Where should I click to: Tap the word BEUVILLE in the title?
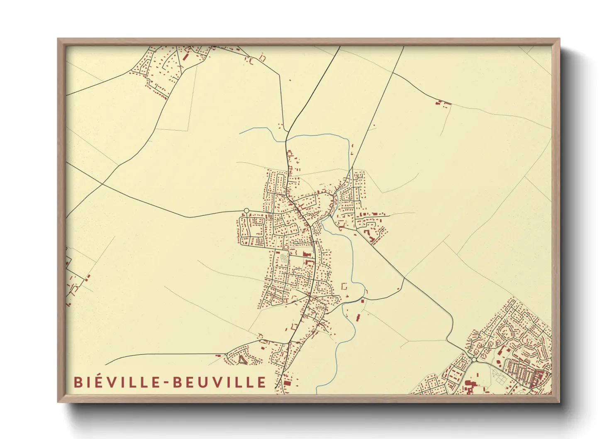(x=219, y=382)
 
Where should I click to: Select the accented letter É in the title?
(x=95, y=382)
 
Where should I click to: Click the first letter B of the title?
(x=78, y=382)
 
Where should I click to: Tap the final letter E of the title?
(x=262, y=382)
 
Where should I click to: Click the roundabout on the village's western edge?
(x=246, y=211)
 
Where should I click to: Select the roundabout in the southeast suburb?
(x=473, y=359)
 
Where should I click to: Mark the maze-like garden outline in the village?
(x=284, y=258)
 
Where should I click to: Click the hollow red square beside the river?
(x=343, y=285)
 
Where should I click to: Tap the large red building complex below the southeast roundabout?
(x=470, y=385)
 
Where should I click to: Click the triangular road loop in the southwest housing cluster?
(x=242, y=362)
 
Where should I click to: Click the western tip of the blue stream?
(x=240, y=133)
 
